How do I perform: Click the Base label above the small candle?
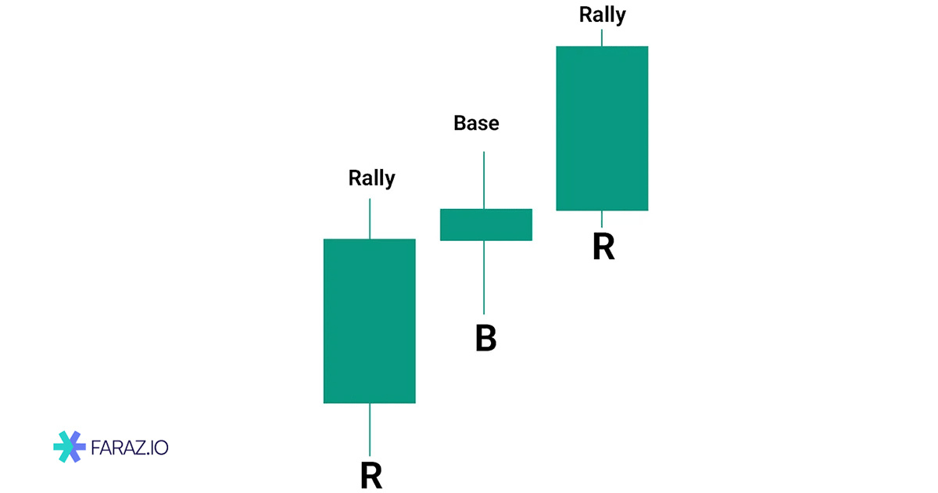476,123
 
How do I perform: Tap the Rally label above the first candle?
371,178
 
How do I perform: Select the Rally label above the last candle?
602,14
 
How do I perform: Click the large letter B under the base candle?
485,338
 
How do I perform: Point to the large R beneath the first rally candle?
371,475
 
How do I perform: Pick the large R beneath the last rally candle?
603,246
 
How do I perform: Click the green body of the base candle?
485,225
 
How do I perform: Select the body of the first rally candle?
369,321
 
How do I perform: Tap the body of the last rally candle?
602,128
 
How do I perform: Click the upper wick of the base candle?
484,180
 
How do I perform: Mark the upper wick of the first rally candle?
370,219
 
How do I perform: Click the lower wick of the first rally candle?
370,429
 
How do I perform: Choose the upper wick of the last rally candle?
602,38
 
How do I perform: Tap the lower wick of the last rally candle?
602,218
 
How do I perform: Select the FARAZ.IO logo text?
130,448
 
